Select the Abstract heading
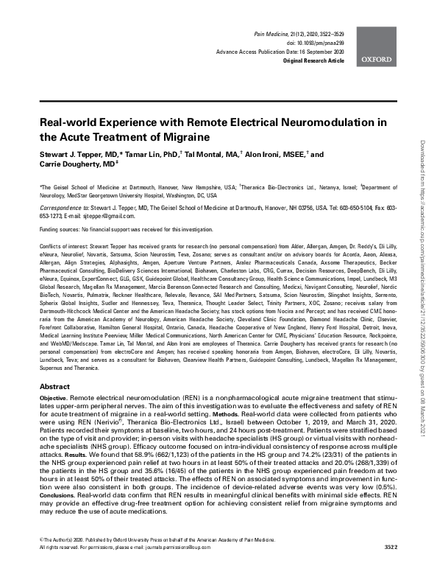click(x=54, y=386)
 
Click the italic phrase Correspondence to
click(x=61, y=208)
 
